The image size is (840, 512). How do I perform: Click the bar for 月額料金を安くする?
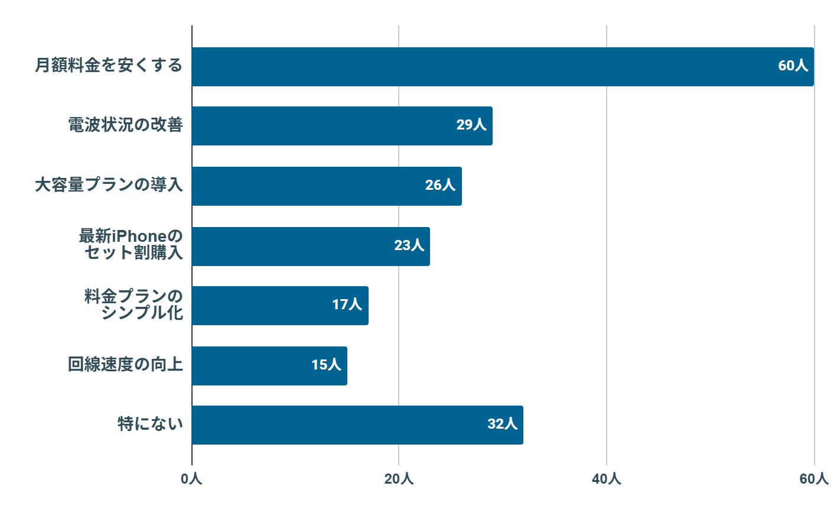click(502, 67)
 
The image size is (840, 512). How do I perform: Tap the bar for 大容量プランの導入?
click(326, 186)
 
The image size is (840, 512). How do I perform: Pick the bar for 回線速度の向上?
click(269, 366)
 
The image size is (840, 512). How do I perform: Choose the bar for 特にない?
click(357, 425)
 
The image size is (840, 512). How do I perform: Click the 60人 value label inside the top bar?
click(793, 66)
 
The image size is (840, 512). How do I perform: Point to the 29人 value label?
click(471, 125)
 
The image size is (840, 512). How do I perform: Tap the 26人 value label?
click(440, 185)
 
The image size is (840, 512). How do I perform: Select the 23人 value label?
click(409, 245)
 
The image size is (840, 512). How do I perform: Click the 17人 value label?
click(347, 304)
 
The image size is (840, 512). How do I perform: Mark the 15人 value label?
click(326, 365)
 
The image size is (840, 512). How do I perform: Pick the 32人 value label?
click(502, 424)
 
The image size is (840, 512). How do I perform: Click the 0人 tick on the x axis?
click(191, 479)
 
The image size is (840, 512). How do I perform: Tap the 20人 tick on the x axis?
click(399, 479)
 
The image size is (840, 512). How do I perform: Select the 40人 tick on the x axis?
click(606, 479)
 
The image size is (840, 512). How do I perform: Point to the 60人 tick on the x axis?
click(813, 479)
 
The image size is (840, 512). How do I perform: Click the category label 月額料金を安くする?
click(109, 66)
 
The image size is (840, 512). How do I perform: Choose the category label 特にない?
click(150, 424)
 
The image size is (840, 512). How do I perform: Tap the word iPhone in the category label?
click(139, 236)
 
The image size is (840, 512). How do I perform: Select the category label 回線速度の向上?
click(125, 365)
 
